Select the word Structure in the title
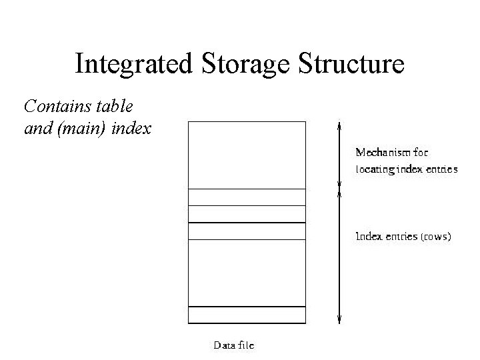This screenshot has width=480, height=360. (x=353, y=64)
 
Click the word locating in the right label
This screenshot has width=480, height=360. (x=375, y=169)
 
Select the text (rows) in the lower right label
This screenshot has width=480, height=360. (x=436, y=237)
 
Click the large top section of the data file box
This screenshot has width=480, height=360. (x=247, y=155)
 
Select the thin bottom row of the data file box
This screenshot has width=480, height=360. (x=247, y=315)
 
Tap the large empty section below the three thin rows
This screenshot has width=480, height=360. (x=247, y=272)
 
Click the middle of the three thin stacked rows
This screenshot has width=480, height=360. (x=247, y=214)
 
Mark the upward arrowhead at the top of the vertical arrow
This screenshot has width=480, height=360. (x=339, y=125)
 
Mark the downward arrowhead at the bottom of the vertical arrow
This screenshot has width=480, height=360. (x=339, y=320)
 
